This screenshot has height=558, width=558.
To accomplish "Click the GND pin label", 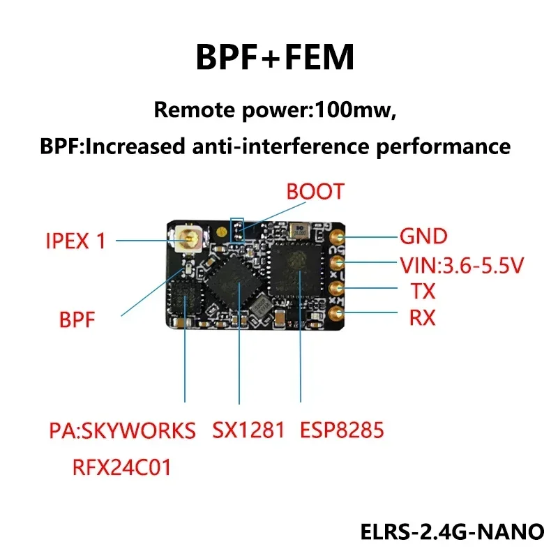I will [423, 236].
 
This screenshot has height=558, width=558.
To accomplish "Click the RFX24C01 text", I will [122, 467].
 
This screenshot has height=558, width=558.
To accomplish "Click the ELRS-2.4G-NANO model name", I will [452, 531].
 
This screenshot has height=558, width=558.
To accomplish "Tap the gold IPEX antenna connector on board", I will [188, 241].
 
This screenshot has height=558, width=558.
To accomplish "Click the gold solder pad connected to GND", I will [337, 237].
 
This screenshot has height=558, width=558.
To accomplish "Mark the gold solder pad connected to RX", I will [337, 315].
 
